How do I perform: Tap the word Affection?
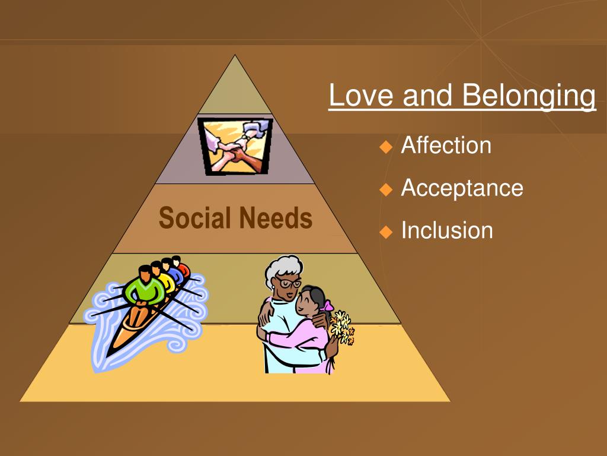click(x=446, y=145)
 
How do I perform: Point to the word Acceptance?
click(x=462, y=188)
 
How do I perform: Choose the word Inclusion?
click(x=446, y=230)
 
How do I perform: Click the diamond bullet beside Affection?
click(x=386, y=147)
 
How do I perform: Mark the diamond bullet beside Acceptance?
click(x=386, y=189)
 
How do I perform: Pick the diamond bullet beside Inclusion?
click(x=386, y=232)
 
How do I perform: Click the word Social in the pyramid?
click(x=194, y=218)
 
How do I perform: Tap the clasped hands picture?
click(x=235, y=146)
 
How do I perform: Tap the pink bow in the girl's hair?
click(x=327, y=306)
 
